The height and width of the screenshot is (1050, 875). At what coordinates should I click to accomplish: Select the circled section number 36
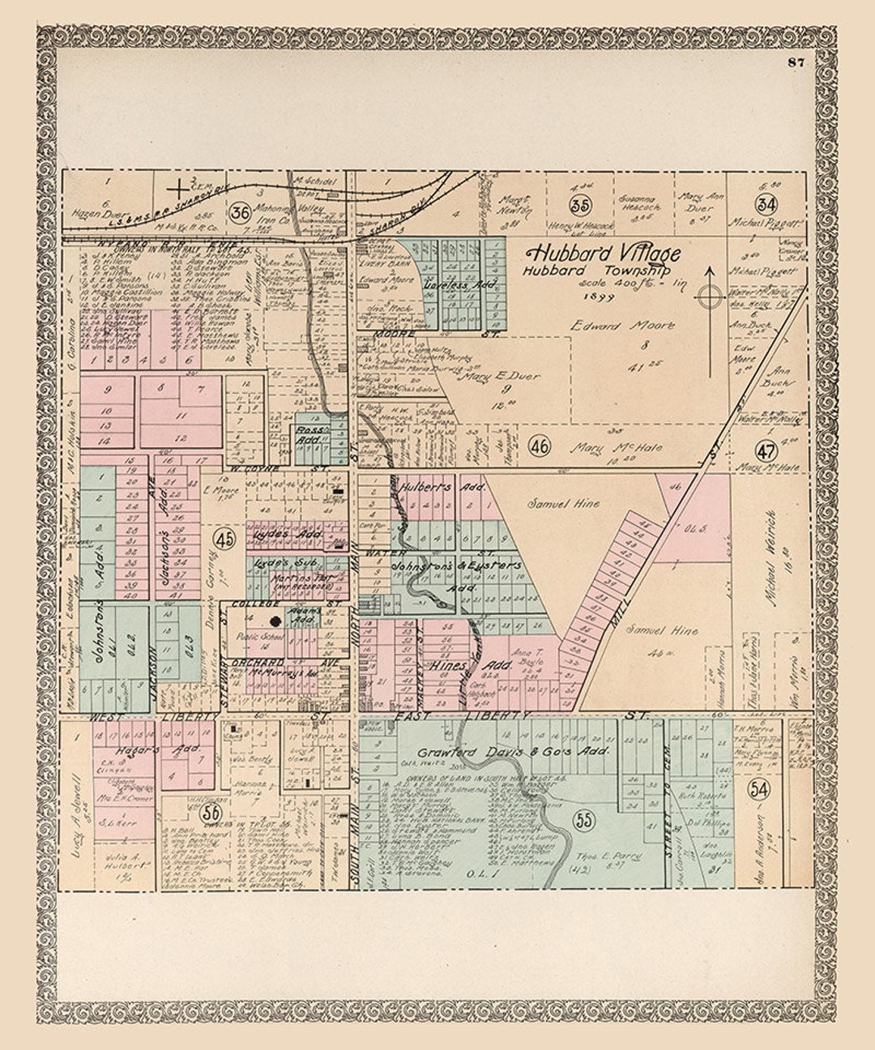coord(240,213)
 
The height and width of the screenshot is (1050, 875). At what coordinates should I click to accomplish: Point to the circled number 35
coord(578,204)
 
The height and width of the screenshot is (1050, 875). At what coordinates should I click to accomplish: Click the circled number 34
coord(766,204)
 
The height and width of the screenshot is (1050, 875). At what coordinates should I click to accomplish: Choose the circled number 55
coord(583,819)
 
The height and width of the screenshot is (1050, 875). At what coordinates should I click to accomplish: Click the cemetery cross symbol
coord(177,189)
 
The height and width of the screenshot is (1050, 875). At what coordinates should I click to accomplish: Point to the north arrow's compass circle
coord(711,297)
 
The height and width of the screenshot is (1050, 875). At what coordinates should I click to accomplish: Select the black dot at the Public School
coord(275,621)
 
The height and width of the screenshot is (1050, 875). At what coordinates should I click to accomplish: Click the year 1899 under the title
coord(604,297)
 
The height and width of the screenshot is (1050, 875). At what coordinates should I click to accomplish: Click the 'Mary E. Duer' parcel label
coord(502,377)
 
